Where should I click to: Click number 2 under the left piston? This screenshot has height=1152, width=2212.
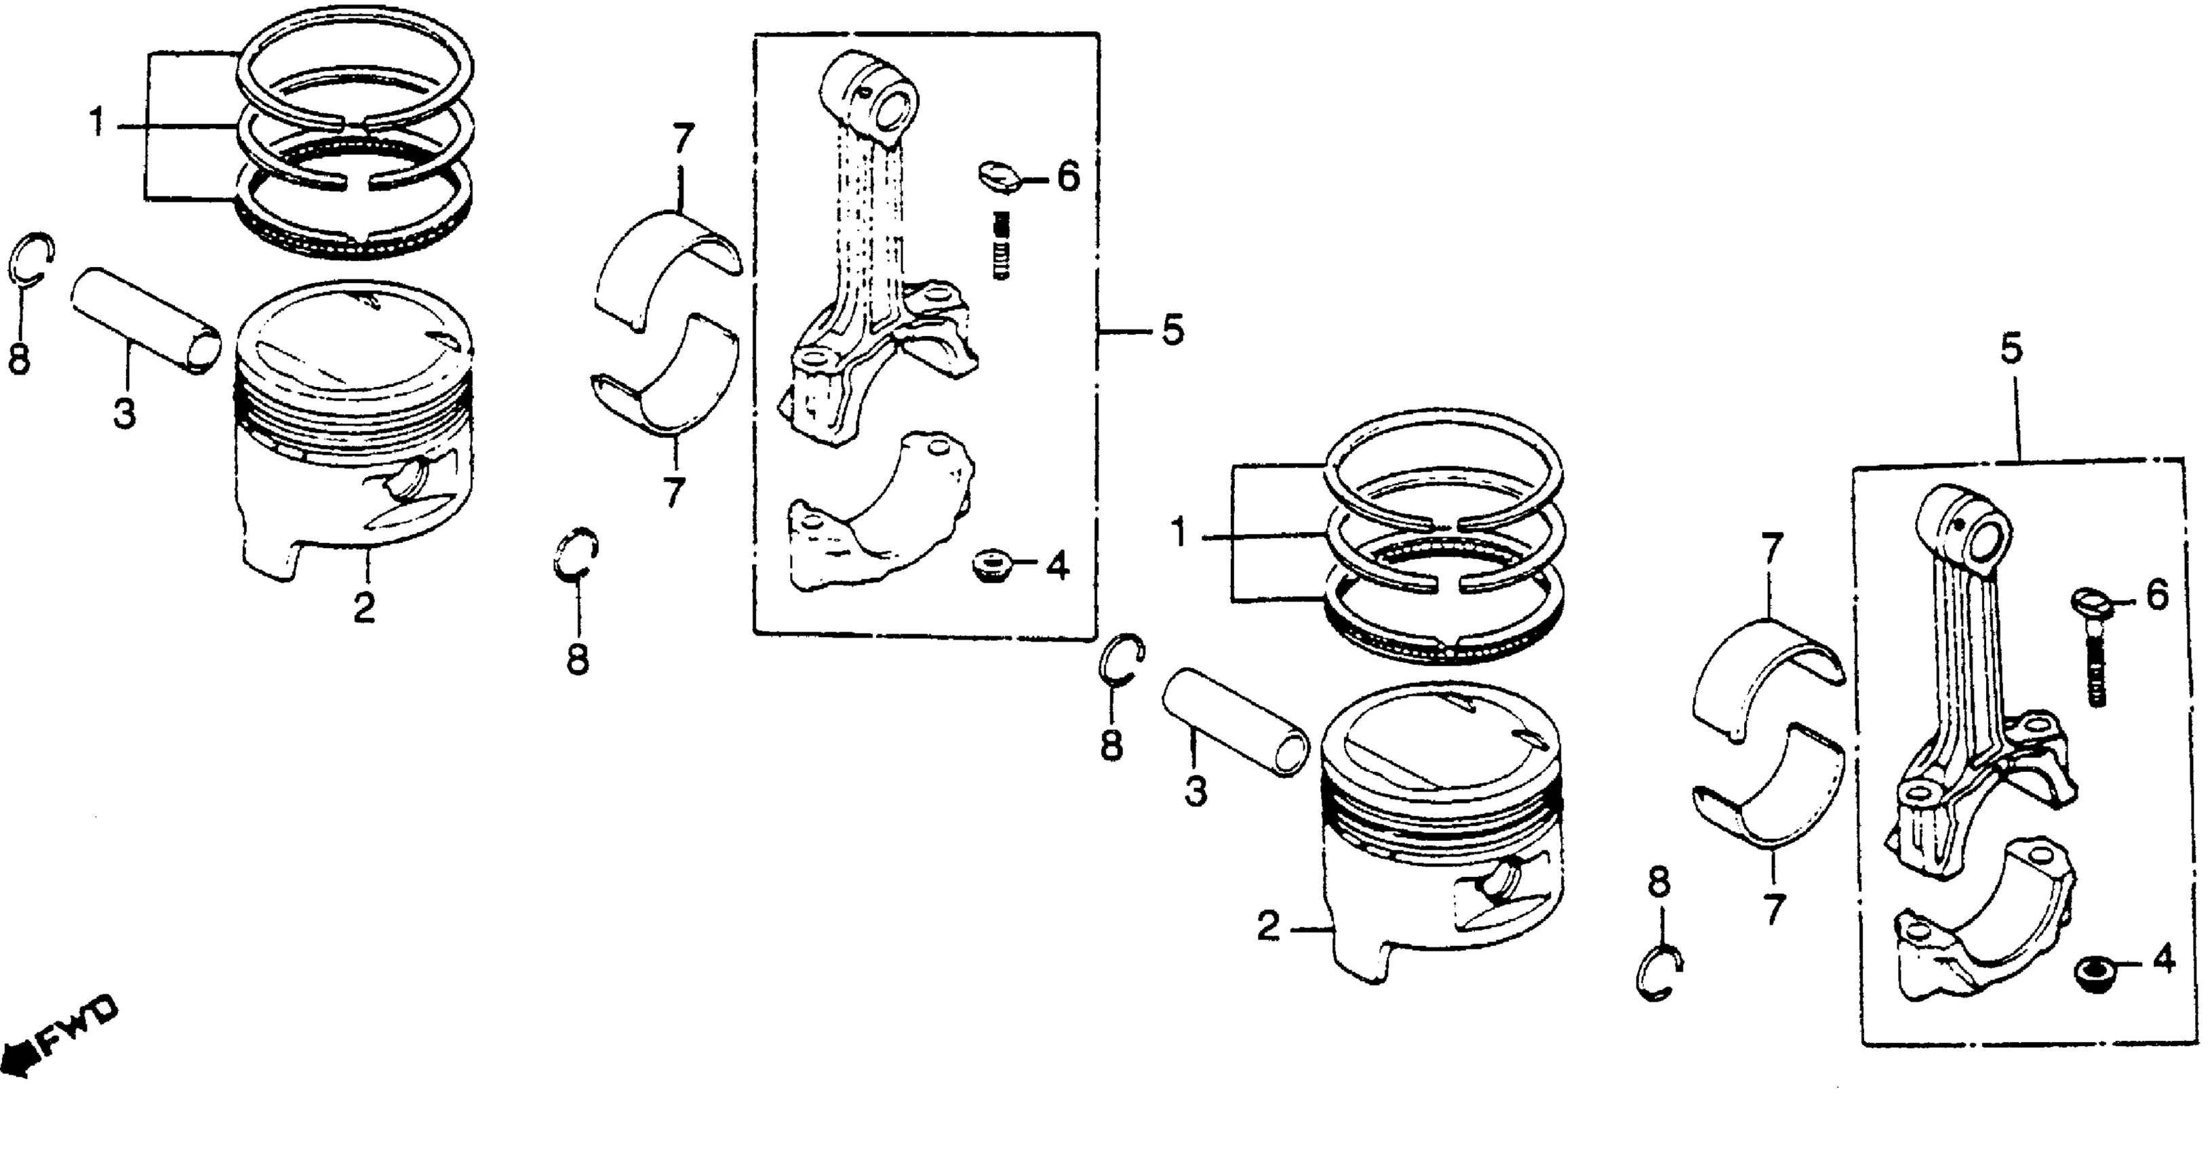(364, 608)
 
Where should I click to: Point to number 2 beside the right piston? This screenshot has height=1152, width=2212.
(1268, 926)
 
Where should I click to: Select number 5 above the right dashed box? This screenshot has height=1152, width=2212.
(2012, 350)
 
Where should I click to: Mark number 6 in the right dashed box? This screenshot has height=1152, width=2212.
(2157, 594)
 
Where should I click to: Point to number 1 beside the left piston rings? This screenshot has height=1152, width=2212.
(97, 123)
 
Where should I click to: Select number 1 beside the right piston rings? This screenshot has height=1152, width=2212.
(1180, 535)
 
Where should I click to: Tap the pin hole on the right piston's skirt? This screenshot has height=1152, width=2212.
(1502, 882)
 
